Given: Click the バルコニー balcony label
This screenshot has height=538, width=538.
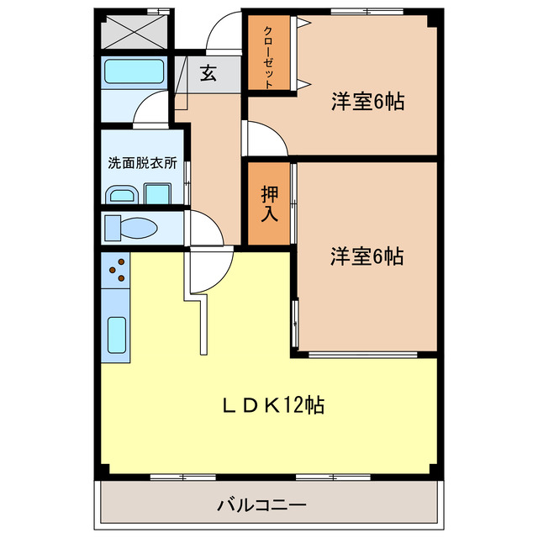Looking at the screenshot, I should [261, 505].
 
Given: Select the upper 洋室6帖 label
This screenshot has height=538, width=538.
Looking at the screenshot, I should [367, 103].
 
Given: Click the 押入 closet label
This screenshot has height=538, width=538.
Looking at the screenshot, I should [269, 203].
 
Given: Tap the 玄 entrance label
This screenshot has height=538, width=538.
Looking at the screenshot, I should [208, 73].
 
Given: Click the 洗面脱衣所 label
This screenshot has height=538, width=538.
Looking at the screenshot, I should [142, 163].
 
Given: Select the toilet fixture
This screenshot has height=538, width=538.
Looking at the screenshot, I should [134, 228].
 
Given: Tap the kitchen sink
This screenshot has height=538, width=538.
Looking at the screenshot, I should [118, 336].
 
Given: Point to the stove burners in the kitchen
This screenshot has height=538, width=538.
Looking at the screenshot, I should [119, 270].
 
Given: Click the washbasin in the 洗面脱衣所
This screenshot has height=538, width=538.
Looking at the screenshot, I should [123, 196].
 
